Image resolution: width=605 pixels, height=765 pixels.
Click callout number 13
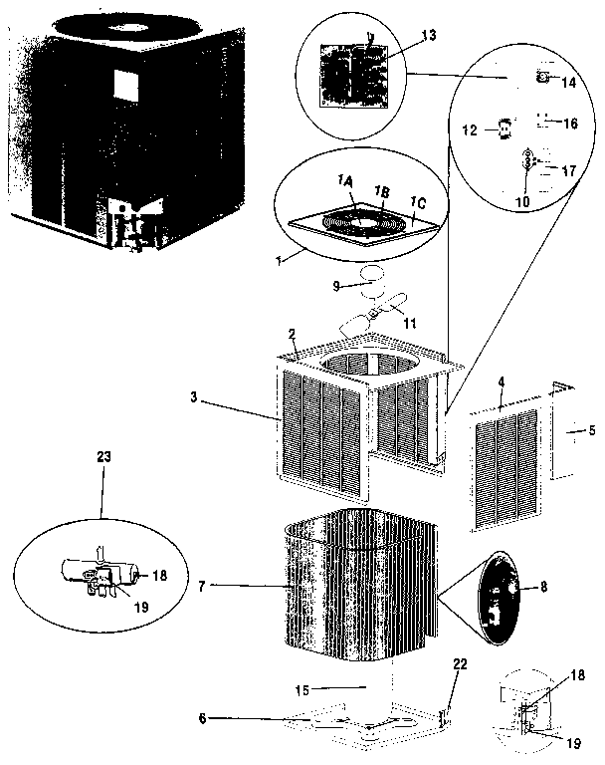pos(429,34)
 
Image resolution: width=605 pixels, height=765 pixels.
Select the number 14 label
pos(568,83)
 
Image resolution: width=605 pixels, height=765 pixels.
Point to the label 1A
pos(345,179)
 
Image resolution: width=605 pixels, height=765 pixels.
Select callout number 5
pos(592,431)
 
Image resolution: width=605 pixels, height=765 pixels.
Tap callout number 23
pos(104,456)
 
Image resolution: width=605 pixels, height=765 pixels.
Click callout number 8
pos(543,588)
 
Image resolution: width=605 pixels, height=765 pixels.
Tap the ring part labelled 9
pos(374,274)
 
